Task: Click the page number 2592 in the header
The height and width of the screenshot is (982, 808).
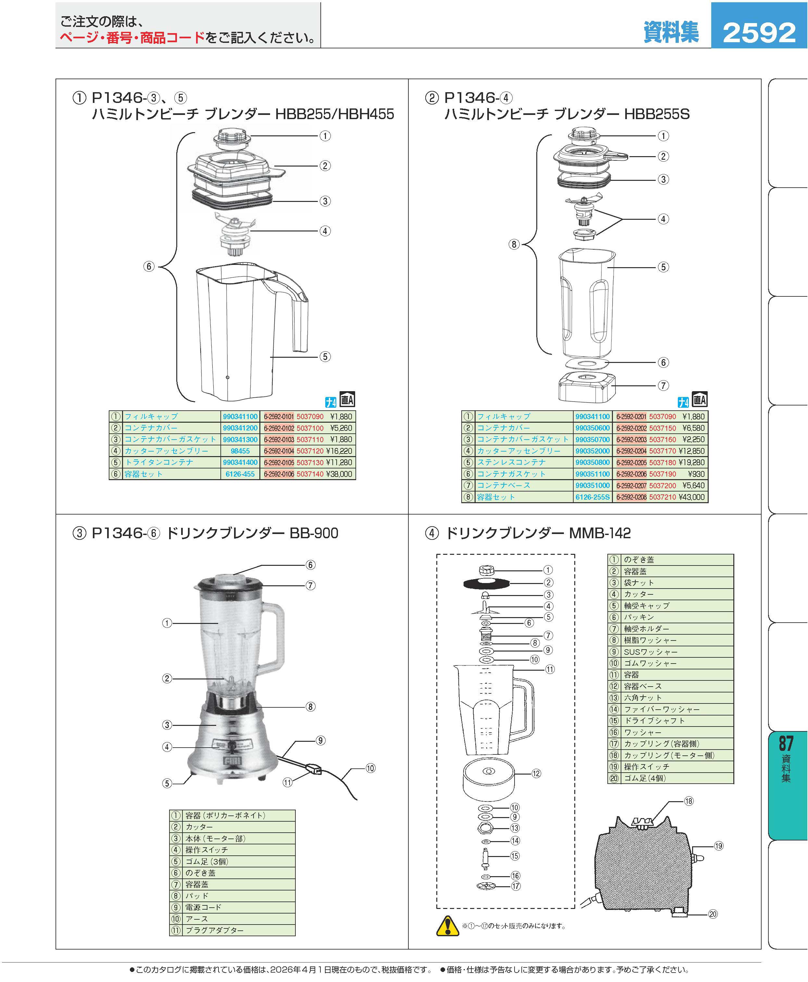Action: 759,32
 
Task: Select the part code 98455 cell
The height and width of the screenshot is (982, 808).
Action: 240,451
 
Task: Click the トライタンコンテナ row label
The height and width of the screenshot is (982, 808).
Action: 159,462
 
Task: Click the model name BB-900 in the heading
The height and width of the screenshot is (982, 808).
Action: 314,533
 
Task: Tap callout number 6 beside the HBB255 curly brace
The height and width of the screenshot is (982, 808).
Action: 149,267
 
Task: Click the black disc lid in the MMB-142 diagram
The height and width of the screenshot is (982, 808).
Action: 485,583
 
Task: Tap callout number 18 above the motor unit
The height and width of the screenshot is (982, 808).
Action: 689,801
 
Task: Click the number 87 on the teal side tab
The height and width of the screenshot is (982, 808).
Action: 786,743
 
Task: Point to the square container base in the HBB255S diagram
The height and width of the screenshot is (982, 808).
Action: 587,388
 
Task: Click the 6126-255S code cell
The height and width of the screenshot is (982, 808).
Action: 592,497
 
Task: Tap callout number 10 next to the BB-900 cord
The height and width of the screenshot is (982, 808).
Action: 370,768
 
